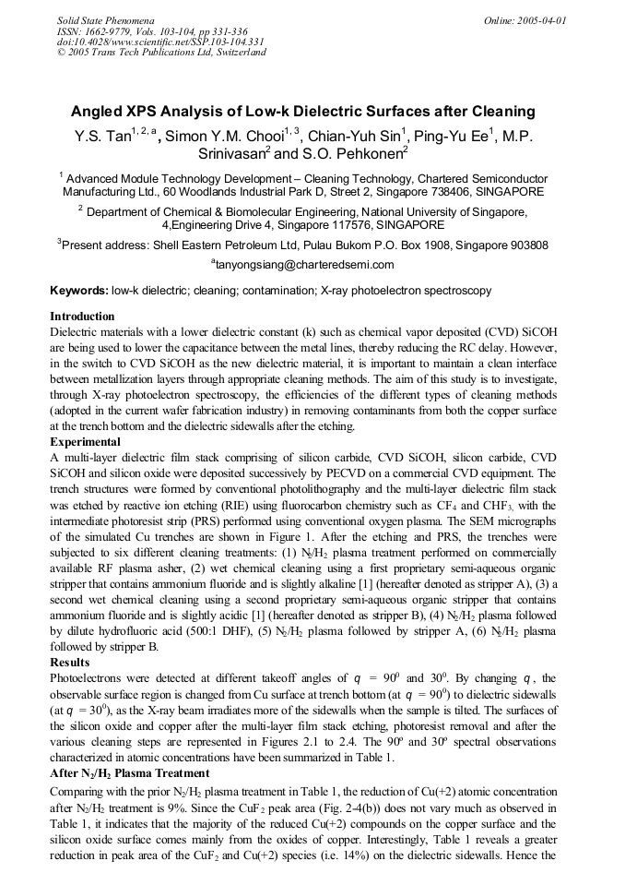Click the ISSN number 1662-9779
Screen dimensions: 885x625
(x=112, y=30)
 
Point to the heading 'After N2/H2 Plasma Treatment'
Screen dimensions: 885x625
(x=129, y=772)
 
